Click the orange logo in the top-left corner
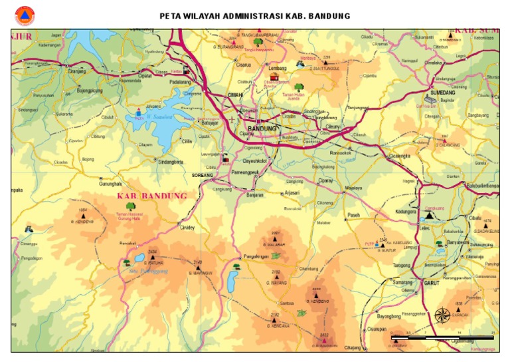25,16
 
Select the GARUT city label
432,282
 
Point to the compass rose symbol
442,314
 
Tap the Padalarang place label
181,82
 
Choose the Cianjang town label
77,71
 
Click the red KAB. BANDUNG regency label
152,196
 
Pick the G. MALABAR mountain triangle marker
275,238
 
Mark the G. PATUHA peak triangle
152,257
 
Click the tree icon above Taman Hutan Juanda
299,87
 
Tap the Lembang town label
277,69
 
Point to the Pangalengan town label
257,256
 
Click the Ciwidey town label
187,227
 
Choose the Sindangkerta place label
171,161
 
